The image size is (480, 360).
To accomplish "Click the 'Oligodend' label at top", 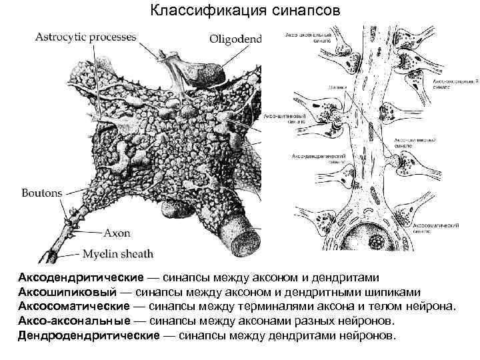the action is point(236,39).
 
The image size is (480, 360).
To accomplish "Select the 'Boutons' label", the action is point(42,193).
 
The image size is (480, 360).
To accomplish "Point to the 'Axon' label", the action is point(117,233).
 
